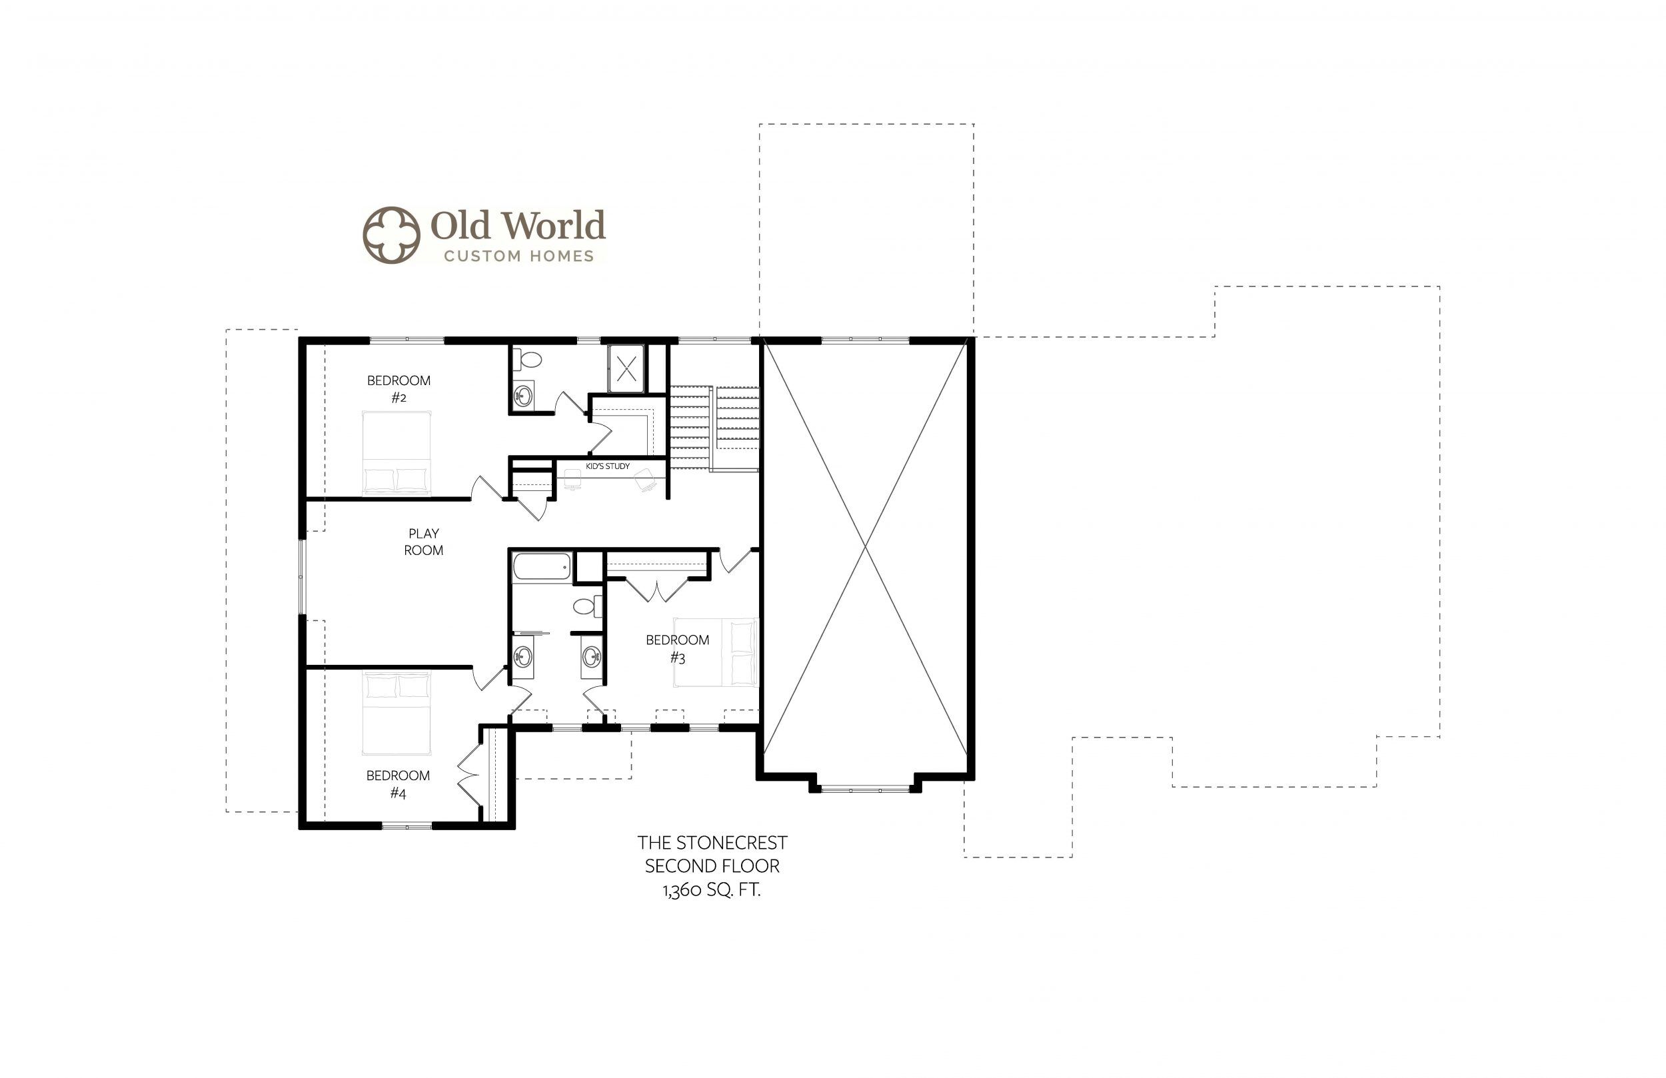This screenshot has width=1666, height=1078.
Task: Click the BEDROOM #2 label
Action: pyautogui.click(x=399, y=389)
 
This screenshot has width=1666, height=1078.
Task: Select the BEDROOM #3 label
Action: pyautogui.click(x=677, y=649)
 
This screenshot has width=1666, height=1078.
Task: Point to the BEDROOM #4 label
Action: pyautogui.click(x=398, y=784)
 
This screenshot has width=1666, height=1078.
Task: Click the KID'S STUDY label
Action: pyautogui.click(x=608, y=466)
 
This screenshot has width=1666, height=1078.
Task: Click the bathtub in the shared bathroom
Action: pyautogui.click(x=542, y=566)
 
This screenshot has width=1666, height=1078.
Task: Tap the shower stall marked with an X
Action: pyautogui.click(x=626, y=368)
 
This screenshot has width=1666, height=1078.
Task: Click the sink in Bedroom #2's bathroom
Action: pyautogui.click(x=523, y=396)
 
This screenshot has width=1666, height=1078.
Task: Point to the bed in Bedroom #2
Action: pyautogui.click(x=397, y=453)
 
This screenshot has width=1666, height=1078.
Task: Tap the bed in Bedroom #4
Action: pyautogui.click(x=397, y=714)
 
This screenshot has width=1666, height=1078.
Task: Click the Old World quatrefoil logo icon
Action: pyautogui.click(x=391, y=235)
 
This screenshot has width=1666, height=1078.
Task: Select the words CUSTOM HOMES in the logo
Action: pyautogui.click(x=518, y=257)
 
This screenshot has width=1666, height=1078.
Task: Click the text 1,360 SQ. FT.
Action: pyautogui.click(x=711, y=890)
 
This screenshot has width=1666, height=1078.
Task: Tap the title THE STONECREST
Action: pyautogui.click(x=712, y=842)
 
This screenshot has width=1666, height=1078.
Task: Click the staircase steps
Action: pyautogui.click(x=714, y=427)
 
